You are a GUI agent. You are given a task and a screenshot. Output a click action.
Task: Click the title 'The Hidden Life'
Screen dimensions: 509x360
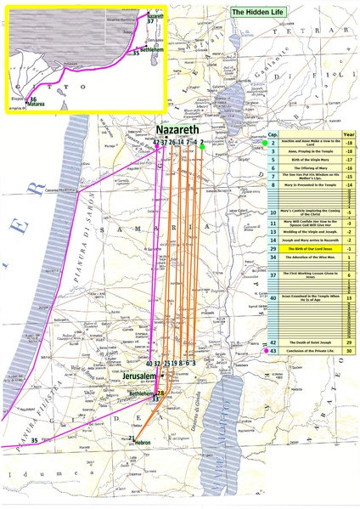263,14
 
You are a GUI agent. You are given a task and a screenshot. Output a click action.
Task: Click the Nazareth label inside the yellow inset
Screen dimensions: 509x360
155,16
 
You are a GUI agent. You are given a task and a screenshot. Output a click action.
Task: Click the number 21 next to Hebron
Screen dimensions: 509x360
132,438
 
